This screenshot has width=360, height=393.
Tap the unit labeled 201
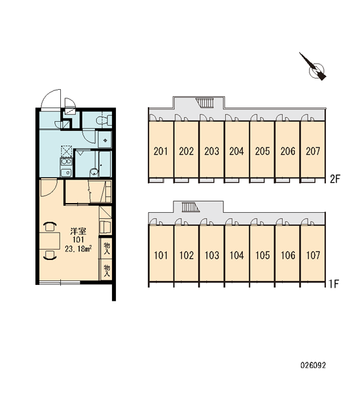pos(161,151)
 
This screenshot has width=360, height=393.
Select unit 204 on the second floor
pos(237,151)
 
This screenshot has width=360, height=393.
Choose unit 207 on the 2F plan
pos(313,151)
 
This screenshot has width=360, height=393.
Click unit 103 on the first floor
pos(211,255)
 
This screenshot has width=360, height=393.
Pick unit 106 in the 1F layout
pos(288,255)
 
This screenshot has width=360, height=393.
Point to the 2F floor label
pos(334,179)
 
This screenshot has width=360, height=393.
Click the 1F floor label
pos(334,284)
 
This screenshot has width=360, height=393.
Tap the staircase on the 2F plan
pos(205,103)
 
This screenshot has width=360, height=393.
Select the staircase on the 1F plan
pos(190,207)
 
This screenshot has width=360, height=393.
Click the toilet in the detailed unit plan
pos(104,120)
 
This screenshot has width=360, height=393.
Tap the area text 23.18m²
pos(78,249)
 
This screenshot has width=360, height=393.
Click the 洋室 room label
pos(78,231)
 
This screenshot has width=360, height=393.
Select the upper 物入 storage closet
pos(106,248)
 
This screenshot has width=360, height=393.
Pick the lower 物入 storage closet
pos(106,270)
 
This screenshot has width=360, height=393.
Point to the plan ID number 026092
pos(313,365)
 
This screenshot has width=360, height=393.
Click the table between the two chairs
pos(50,240)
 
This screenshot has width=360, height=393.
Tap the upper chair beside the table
pos(50,227)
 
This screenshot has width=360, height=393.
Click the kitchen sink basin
pos(66,172)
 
